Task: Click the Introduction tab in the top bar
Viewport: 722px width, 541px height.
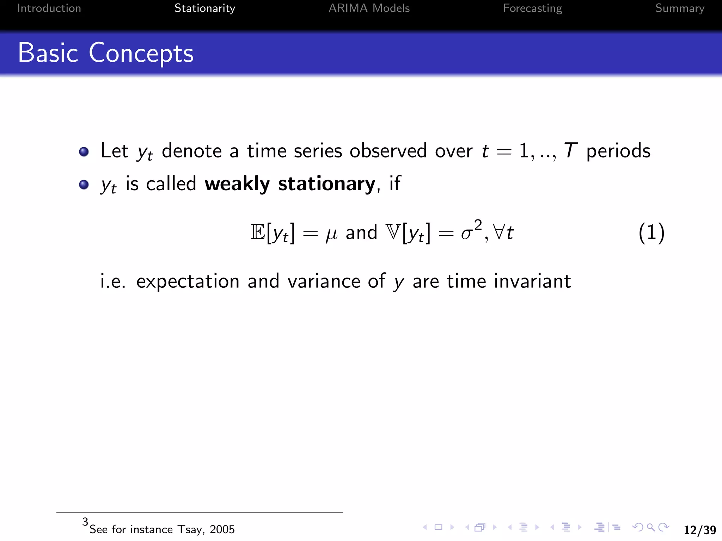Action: point(49,8)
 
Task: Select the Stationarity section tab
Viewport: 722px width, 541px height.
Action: point(204,8)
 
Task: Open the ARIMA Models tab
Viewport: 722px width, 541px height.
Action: point(369,8)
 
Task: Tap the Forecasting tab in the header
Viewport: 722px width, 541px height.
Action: point(532,8)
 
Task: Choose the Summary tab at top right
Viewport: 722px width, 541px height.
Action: point(679,8)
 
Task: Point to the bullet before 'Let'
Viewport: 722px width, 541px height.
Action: point(84,152)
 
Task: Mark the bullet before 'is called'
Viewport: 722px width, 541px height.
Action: point(84,185)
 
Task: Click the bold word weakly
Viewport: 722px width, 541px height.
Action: point(237,184)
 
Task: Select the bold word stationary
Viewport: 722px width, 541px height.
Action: point(327,184)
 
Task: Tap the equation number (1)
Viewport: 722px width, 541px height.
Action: point(651,232)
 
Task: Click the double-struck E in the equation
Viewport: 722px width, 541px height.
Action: point(258,232)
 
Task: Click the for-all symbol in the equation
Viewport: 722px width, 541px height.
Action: point(498,232)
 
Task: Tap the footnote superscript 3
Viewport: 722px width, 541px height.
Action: point(85,521)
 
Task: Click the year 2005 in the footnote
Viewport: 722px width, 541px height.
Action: point(222,529)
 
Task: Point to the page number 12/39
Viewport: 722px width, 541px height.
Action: point(699,530)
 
